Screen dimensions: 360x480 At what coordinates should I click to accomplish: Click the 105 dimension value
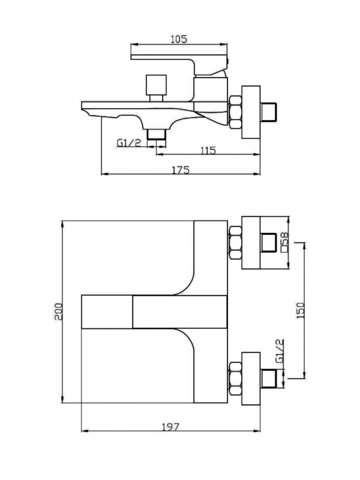click(179, 39)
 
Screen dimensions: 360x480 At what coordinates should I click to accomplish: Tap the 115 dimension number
click(208, 150)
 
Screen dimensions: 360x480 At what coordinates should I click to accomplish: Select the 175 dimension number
click(181, 170)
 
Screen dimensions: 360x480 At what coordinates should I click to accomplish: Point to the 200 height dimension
click(58, 312)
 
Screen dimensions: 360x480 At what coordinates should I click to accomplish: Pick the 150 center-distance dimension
click(300, 310)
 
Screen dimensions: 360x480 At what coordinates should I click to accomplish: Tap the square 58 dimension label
click(285, 242)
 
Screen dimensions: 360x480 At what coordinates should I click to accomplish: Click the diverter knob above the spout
click(156, 88)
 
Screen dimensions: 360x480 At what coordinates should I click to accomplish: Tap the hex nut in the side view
click(235, 112)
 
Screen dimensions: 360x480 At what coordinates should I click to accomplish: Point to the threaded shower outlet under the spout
click(156, 134)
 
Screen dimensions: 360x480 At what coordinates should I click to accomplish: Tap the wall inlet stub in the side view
click(269, 112)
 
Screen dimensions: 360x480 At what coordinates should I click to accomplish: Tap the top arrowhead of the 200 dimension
click(63, 224)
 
